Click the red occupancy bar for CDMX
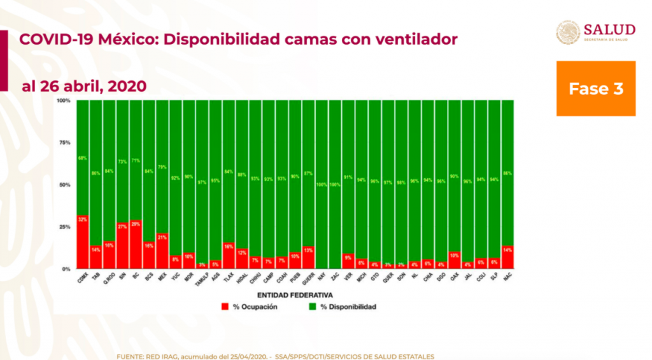(82, 242)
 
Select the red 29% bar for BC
(136, 245)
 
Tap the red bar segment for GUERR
(308, 257)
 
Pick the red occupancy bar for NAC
(507, 257)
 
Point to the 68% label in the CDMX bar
(82, 158)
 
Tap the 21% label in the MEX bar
(162, 237)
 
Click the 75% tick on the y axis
(64, 143)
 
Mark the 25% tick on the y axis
(64, 227)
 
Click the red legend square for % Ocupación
(225, 307)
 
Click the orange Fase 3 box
(595, 89)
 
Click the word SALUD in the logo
(609, 29)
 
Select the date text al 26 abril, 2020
(84, 86)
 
